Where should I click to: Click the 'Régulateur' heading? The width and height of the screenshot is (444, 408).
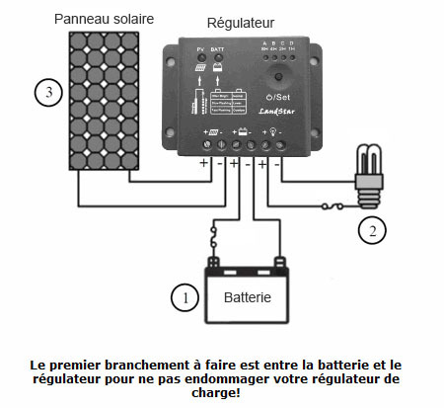tap(241, 23)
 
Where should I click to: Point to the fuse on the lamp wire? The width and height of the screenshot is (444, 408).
tap(339, 206)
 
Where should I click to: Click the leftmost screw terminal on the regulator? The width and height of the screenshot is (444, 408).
tap(207, 146)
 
